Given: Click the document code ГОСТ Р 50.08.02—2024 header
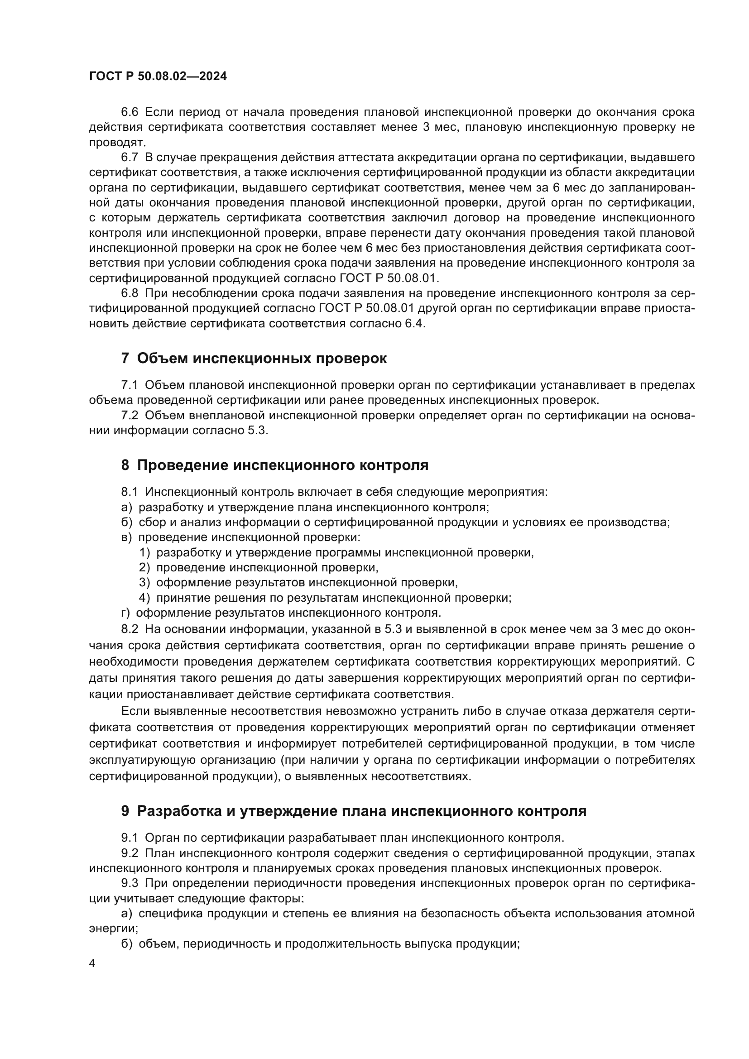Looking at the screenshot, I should pyautogui.click(x=158, y=77).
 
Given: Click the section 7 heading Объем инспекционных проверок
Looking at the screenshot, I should pyautogui.click(x=254, y=359).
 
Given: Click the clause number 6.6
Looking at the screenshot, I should pyautogui.click(x=130, y=112).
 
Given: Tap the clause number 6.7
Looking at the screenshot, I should pyautogui.click(x=130, y=158).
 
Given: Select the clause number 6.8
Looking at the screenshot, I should pyautogui.click(x=130, y=293).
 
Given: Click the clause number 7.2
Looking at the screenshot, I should pyautogui.click(x=130, y=416).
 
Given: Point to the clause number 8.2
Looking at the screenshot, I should pyautogui.click(x=130, y=629).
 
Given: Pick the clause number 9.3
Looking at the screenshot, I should pyautogui.click(x=130, y=883).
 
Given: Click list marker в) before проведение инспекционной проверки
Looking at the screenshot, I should pyautogui.click(x=126, y=537).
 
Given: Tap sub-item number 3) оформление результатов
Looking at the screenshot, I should pyautogui.click(x=145, y=583).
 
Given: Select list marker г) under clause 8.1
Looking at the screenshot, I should pyautogui.click(x=125, y=613).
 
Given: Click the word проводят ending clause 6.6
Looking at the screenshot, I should pyautogui.click(x=117, y=143).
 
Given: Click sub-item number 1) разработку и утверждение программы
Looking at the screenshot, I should pyautogui.click(x=145, y=552).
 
